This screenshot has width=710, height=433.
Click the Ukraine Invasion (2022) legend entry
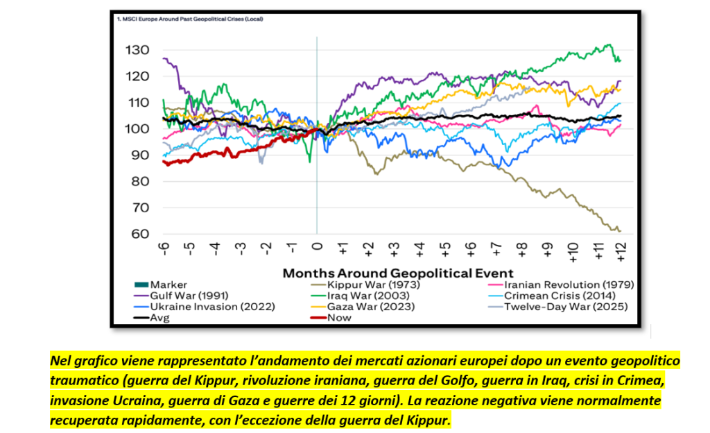[204, 307]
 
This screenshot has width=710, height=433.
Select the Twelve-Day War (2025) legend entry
[566, 307]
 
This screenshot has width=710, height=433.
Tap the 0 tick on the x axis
[318, 248]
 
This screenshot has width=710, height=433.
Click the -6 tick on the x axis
[164, 249]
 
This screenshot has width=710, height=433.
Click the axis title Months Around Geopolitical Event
[398, 272]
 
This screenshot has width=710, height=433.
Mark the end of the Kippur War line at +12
[619, 231]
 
